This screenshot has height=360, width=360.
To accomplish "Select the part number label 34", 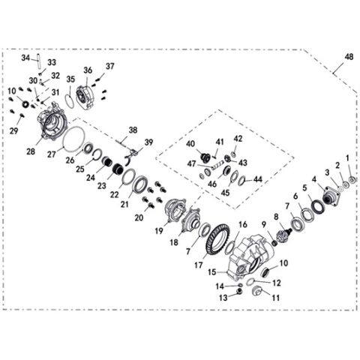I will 25,57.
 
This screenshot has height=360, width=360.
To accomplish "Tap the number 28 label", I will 30,151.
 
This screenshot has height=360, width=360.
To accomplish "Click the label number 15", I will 211,271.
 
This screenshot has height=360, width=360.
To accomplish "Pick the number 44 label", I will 258,179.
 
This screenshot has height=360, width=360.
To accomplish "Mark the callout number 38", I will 133,129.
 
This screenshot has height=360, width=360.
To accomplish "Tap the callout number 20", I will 139,217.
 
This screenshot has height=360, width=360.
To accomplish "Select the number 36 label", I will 88,70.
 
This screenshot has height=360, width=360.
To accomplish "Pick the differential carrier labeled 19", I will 176,210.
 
